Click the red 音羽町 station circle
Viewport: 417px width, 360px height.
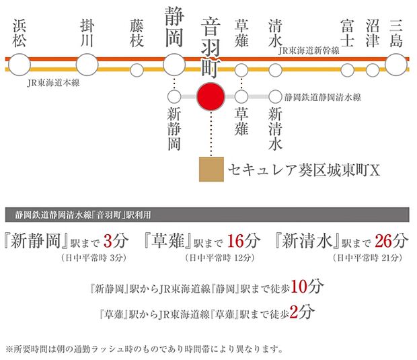pos(211,97)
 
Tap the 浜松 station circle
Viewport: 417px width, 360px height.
pos(20,65)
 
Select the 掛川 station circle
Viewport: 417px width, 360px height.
pos(87,65)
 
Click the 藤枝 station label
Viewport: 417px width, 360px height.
pos(137,33)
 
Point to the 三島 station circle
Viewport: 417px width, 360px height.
pos(396,65)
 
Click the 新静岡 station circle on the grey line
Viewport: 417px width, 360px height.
pos(174,97)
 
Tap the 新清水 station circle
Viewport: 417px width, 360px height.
pos(275,97)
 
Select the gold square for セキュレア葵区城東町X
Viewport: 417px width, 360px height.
pos(211,170)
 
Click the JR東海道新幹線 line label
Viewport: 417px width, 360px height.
pos(309,50)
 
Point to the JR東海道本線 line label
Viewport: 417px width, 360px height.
pos(53,83)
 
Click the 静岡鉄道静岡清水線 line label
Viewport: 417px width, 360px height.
pos(323,97)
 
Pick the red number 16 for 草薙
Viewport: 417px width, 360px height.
pos(235,241)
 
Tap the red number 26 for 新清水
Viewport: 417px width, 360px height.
pos(383,241)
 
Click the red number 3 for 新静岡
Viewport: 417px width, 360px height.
pos(108,241)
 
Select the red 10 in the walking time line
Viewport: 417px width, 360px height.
pos(299,287)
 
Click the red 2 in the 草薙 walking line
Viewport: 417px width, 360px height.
pos(294,312)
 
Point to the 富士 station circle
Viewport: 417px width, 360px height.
pos(347,70)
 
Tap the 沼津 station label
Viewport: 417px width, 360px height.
pos(373,33)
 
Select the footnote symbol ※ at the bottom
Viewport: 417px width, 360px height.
pos(9,349)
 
